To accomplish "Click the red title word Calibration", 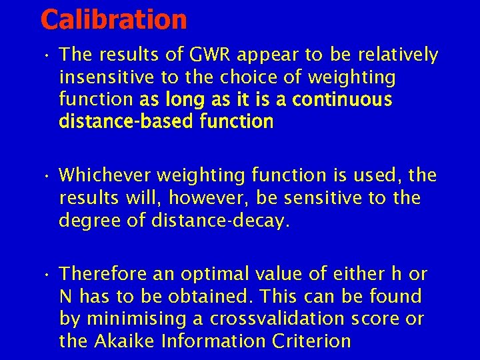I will point(114,20).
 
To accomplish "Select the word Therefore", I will point(105,275).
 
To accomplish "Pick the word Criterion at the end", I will point(312,341).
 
